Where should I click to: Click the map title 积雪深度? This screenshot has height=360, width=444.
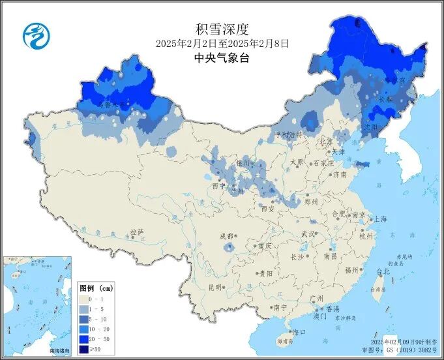(222, 29)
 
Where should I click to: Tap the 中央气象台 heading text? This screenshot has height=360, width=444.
(222, 57)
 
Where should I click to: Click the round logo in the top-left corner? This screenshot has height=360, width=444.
(36, 36)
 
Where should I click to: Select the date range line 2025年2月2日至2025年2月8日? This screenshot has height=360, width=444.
(222, 44)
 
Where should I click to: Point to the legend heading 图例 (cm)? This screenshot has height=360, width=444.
(96, 288)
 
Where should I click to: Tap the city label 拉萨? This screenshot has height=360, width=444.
(136, 232)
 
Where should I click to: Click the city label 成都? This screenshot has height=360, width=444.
(226, 236)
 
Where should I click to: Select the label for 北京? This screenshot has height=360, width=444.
(325, 142)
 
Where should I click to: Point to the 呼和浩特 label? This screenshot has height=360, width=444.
(289, 135)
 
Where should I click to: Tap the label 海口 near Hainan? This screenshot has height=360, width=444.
(299, 332)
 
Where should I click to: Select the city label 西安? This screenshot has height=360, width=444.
(268, 209)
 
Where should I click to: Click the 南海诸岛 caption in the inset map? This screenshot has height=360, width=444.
(55, 351)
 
